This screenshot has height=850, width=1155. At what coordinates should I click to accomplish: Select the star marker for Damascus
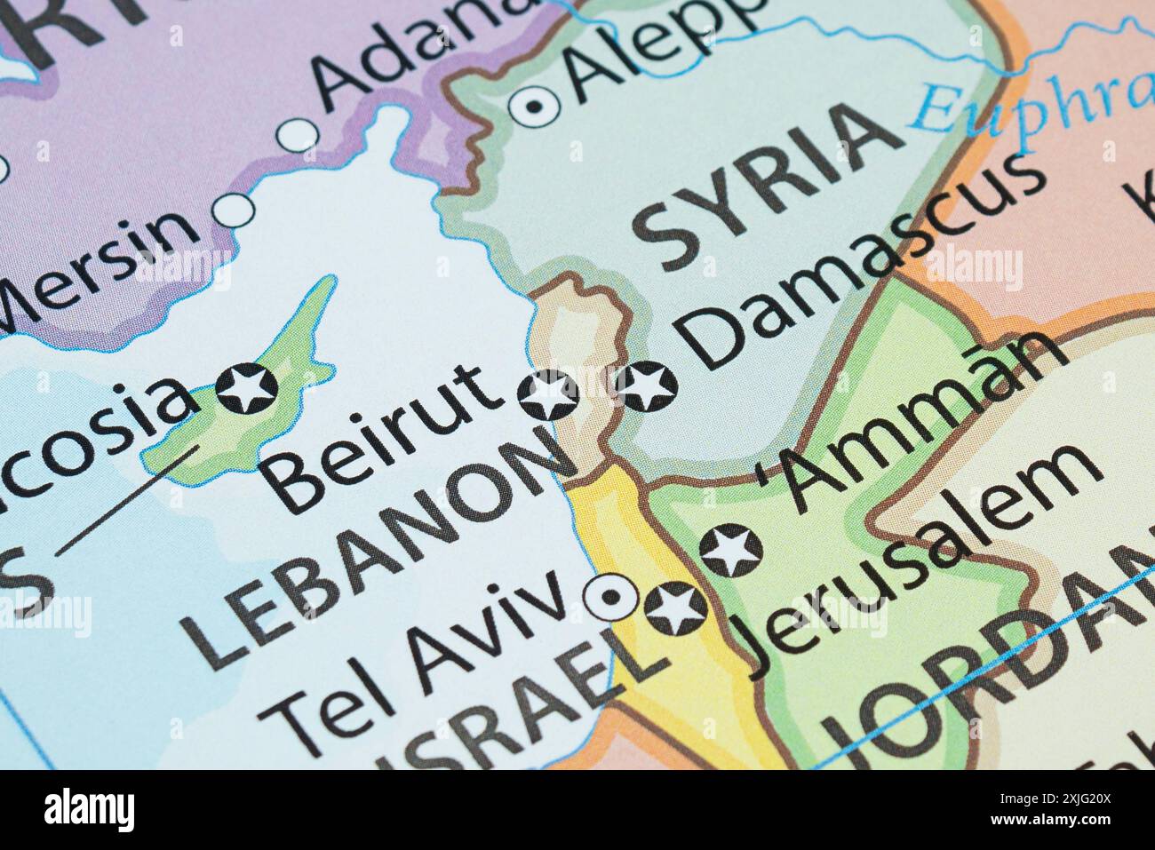click(x=646, y=388)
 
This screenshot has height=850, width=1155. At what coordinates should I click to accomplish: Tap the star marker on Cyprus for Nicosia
click(x=247, y=388)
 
